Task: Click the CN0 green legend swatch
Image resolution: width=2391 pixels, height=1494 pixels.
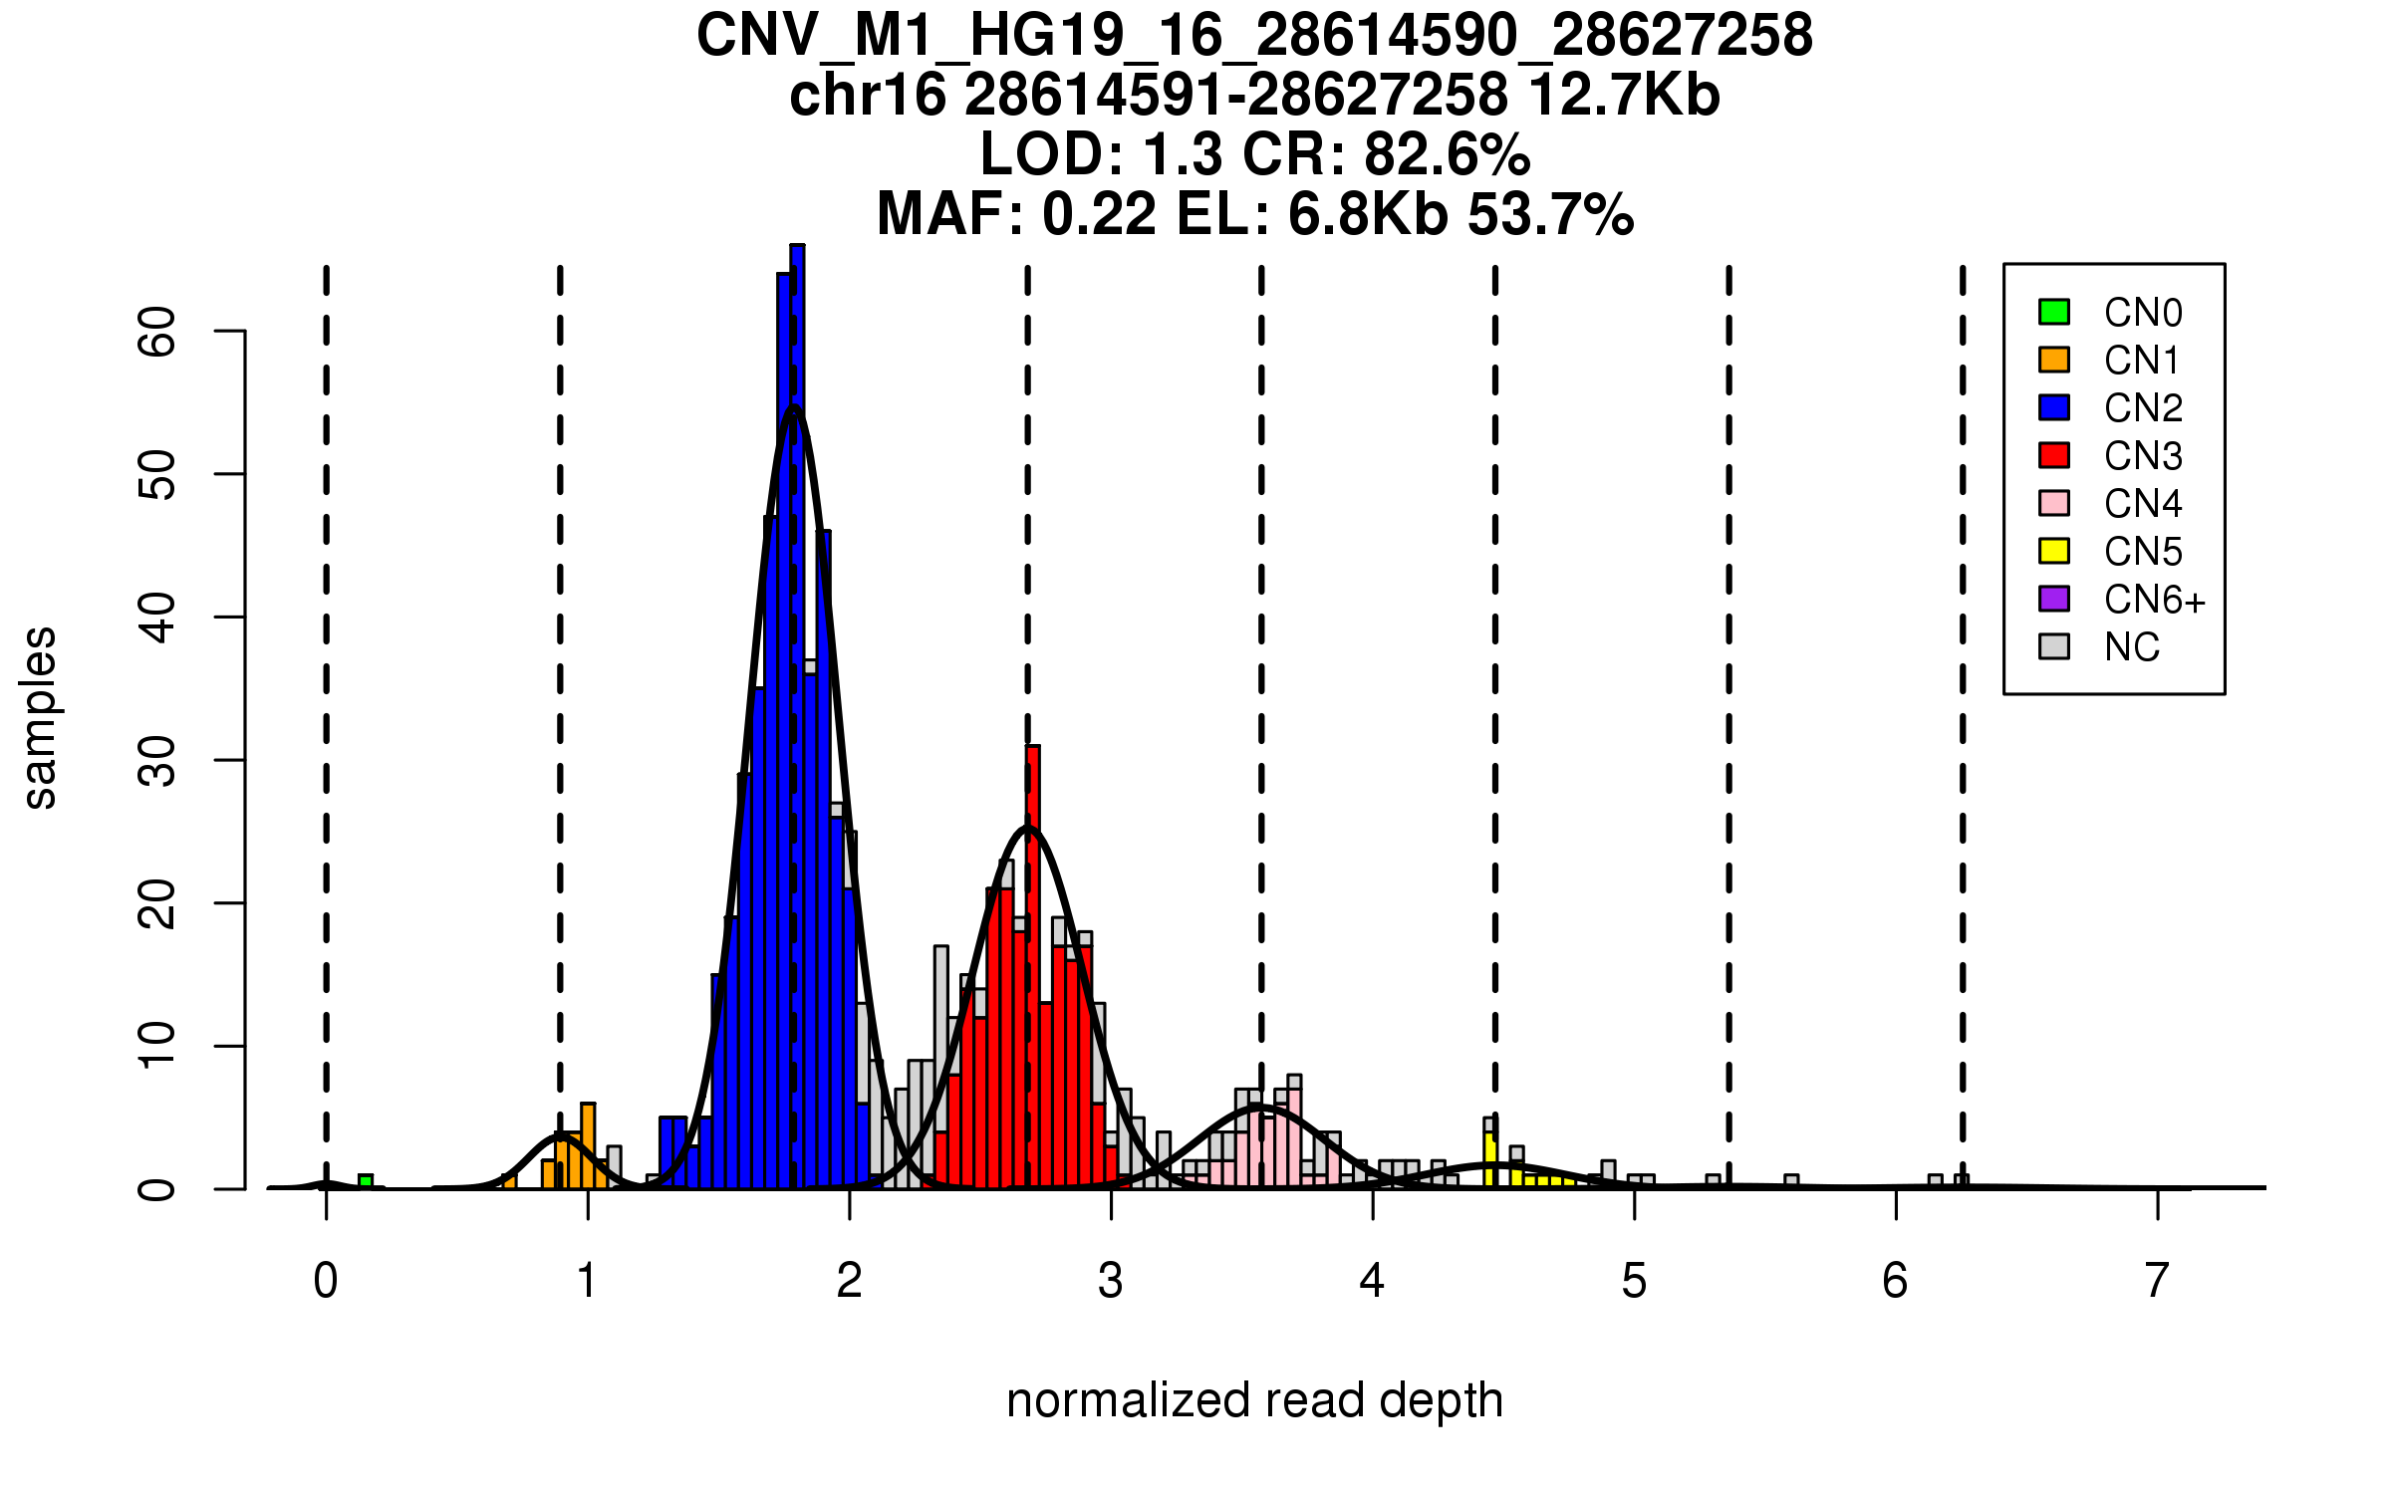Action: pyautogui.click(x=2054, y=312)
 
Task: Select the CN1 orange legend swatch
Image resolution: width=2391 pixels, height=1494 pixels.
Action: pyautogui.click(x=2054, y=360)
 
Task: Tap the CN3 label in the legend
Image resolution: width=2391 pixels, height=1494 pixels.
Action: pyautogui.click(x=2143, y=456)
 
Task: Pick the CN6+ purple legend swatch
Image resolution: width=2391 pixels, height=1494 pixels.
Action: pyautogui.click(x=2054, y=599)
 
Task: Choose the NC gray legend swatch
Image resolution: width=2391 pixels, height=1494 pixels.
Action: pyautogui.click(x=2054, y=646)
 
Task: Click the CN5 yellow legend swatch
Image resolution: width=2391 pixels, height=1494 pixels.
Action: pyautogui.click(x=2054, y=551)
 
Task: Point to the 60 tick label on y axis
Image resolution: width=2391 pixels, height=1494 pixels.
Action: pyautogui.click(x=157, y=331)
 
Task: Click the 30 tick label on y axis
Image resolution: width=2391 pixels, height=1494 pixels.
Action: pyautogui.click(x=157, y=761)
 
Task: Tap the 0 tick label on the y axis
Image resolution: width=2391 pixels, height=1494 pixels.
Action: pyautogui.click(x=157, y=1189)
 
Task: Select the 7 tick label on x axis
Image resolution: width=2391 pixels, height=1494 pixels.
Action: pyautogui.click(x=2157, y=1281)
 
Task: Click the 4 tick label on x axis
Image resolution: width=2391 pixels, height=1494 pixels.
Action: pyautogui.click(x=1372, y=1281)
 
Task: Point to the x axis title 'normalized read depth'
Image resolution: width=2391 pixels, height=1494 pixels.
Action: pyautogui.click(x=1254, y=1400)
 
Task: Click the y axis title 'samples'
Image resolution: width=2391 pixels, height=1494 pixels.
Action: pyautogui.click(x=40, y=717)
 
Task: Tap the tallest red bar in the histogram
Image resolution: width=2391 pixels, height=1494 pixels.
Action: pyautogui.click(x=1033, y=966)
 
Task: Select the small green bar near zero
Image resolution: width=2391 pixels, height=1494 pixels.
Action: pyautogui.click(x=366, y=1181)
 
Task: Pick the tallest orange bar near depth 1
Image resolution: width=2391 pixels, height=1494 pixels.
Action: pyautogui.click(x=588, y=1145)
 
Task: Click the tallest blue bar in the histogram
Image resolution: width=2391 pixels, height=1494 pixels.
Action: pyautogui.click(x=797, y=717)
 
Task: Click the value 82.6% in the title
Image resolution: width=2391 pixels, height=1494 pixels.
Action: pyautogui.click(x=1447, y=154)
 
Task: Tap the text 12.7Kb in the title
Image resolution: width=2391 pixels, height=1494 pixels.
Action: pyautogui.click(x=1624, y=96)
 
